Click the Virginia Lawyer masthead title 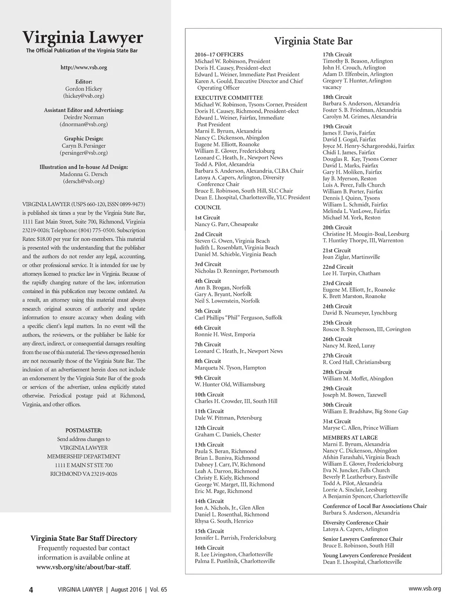coord(83,38)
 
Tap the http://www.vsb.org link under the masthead coord(83,67)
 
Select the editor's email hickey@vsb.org coord(83,95)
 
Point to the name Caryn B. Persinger coord(84,146)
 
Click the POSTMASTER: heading coord(83,430)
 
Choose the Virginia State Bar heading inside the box coord(313,41)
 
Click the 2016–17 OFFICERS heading coord(219,54)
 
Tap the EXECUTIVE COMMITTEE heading coord(229,97)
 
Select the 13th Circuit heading coord(209,445)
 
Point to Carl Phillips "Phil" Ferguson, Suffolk coord(238,317)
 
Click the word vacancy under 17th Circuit coord(332,87)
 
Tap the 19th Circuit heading coord(337,126)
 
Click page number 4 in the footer coord(31,590)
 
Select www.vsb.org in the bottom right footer coord(425,589)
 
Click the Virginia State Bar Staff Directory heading coord(84,538)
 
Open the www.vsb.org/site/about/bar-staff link coord(83,567)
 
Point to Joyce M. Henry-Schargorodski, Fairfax coord(368,146)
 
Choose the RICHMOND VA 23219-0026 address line coord(83,474)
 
